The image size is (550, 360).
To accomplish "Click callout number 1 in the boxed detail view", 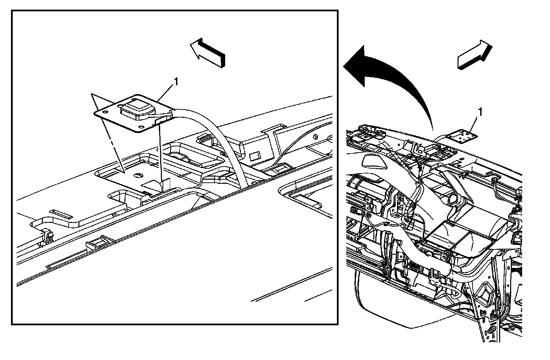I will [176, 82].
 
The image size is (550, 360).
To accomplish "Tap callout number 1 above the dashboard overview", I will [480, 112].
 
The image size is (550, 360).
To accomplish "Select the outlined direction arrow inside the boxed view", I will [208, 52].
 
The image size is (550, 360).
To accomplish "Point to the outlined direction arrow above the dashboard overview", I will [473, 55].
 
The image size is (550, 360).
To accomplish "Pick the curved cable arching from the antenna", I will [220, 137].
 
